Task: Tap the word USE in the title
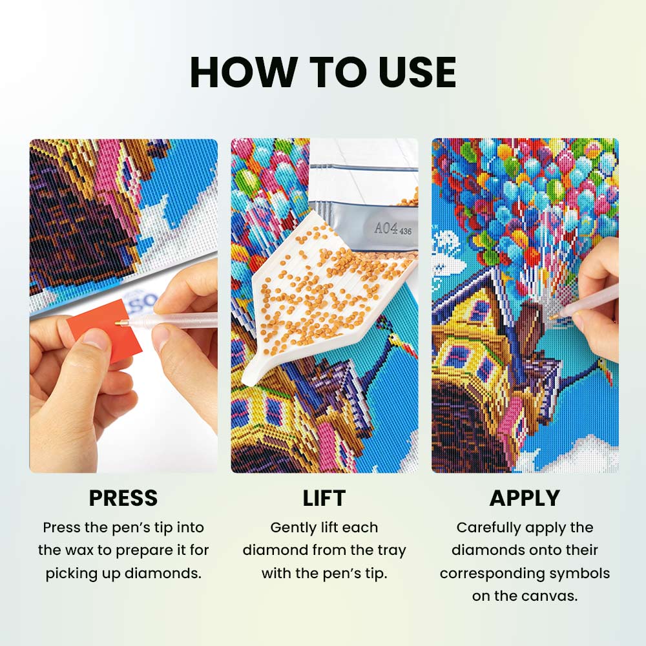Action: coord(417,72)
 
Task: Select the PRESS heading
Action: coord(123,498)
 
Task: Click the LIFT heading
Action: coord(324,498)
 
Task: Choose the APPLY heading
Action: coord(525,498)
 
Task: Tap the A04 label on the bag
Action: coord(385,227)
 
